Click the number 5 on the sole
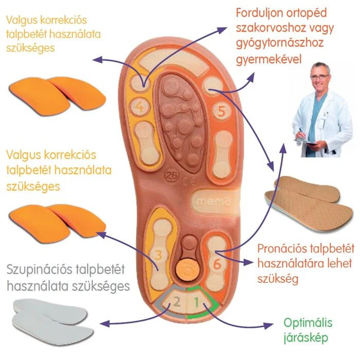point(222,111)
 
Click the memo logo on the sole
point(206,200)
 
